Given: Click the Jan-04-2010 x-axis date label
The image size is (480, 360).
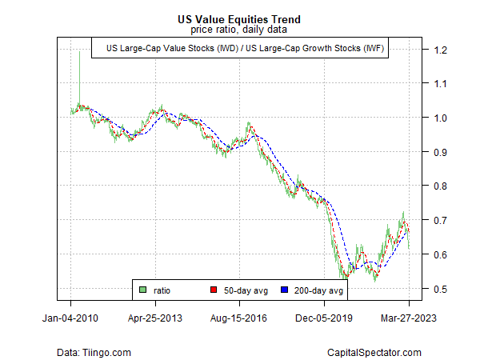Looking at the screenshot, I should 70,318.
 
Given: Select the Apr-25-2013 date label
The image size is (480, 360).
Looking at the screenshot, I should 155,318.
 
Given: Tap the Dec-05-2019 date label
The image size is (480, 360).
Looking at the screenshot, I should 325,318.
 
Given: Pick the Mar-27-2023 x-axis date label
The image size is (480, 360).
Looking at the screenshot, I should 409,318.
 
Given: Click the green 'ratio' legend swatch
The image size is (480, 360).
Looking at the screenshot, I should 142,290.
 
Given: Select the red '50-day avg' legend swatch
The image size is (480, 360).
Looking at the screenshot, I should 214,290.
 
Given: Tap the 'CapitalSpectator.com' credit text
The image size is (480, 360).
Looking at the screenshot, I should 374,352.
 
